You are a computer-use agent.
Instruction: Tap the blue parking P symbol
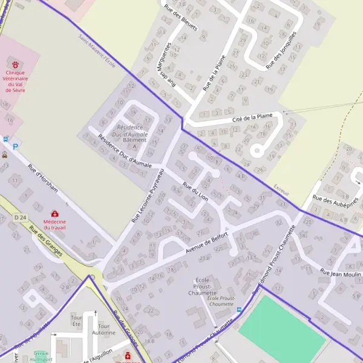(x=16, y=146)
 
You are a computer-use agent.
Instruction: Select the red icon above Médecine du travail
(x=55, y=214)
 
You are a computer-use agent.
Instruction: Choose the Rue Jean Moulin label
(x=341, y=273)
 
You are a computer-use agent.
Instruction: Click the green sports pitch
(x=282, y=329)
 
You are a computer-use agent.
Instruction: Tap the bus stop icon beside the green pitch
(x=239, y=310)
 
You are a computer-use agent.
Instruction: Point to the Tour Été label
(x=76, y=321)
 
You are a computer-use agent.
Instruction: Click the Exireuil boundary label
(x=281, y=189)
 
